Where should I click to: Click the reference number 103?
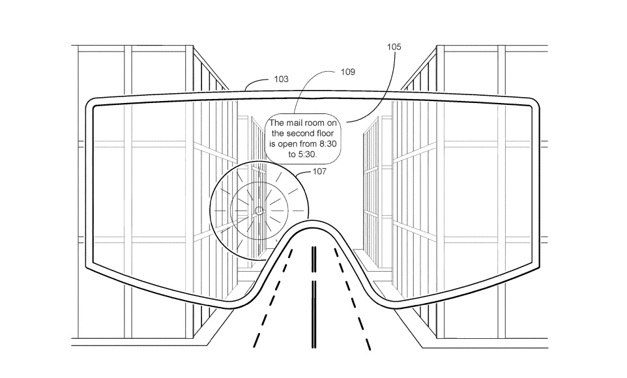point(281,79)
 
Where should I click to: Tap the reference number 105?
point(394,47)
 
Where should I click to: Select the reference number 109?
point(348,72)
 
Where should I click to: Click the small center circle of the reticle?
point(258,210)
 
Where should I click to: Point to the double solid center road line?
point(313,293)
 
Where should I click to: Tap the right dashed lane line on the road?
point(355,306)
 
